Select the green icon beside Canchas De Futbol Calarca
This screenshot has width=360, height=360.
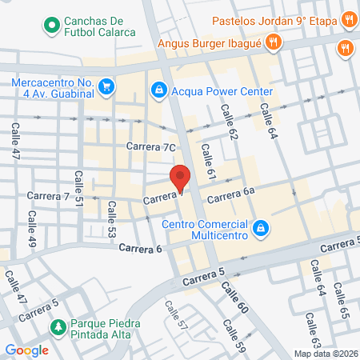click(52, 26)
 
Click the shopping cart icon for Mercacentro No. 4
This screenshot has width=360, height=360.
click(106, 85)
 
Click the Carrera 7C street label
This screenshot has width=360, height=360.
click(150, 146)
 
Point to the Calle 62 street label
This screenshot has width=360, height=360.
click(231, 125)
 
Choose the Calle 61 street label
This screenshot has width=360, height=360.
click(209, 162)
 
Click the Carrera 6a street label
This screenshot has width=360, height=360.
click(231, 191)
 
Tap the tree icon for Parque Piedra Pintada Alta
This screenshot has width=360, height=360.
click(58, 327)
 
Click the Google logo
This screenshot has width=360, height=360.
click(27, 350)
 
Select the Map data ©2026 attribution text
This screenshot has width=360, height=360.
click(325, 353)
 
